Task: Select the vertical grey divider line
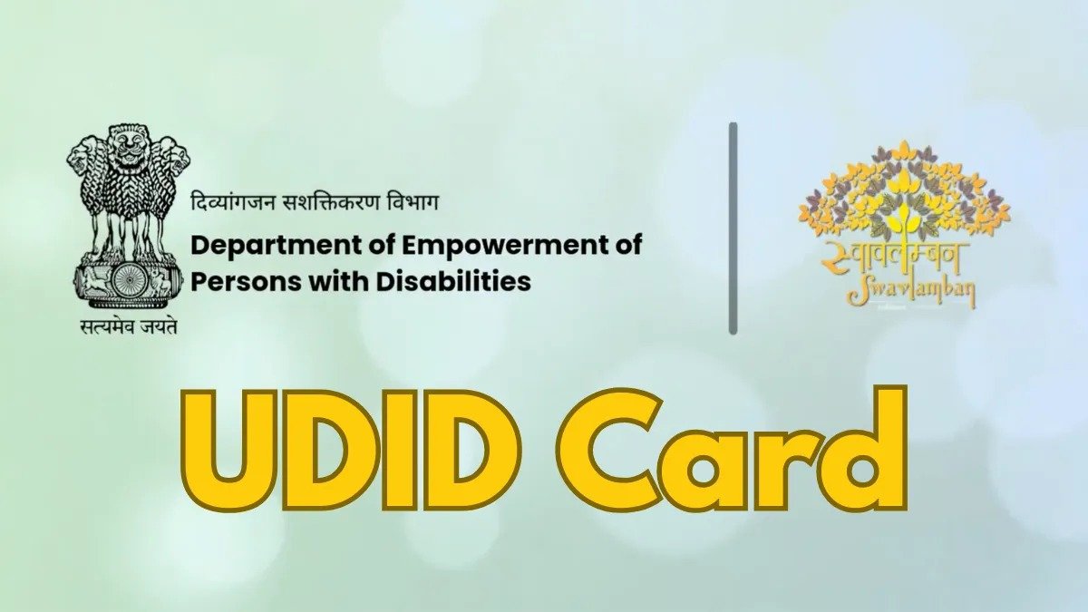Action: pos(733,228)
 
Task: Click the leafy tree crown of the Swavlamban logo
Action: pos(904,190)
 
